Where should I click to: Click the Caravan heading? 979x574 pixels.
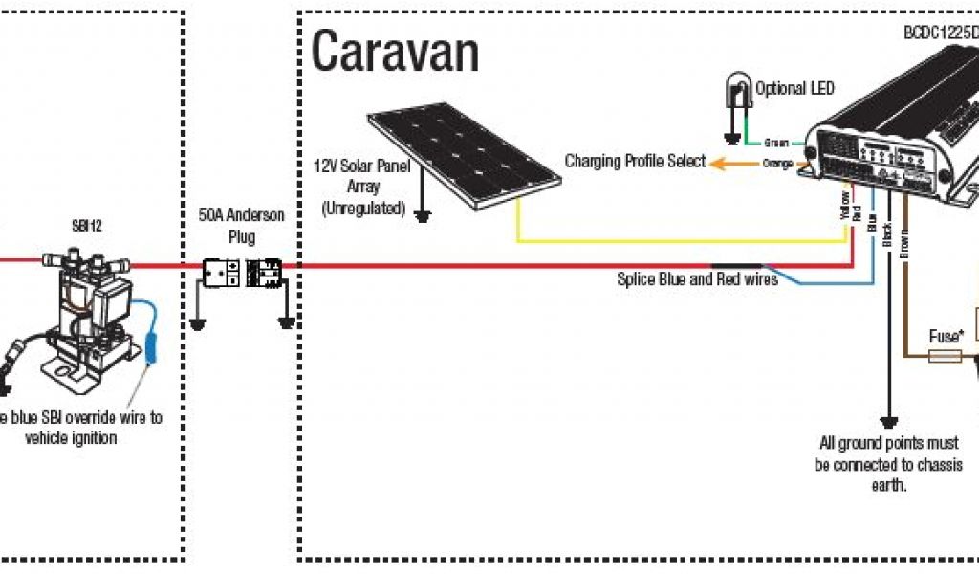click(x=395, y=53)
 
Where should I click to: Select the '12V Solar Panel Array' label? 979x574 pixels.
click(x=361, y=186)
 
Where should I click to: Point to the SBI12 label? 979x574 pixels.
click(x=86, y=227)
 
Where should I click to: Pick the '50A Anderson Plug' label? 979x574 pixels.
click(x=234, y=224)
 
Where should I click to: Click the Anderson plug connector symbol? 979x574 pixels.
click(x=240, y=273)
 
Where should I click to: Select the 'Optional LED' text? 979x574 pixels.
click(x=794, y=89)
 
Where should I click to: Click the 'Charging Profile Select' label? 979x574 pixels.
click(x=635, y=161)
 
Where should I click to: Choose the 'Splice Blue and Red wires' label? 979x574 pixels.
click(x=697, y=279)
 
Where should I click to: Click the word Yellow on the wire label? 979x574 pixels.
click(x=844, y=203)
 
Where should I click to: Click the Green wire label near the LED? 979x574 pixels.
click(x=775, y=143)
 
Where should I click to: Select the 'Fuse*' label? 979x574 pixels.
click(x=946, y=337)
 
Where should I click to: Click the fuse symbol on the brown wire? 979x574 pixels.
click(x=946, y=357)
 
